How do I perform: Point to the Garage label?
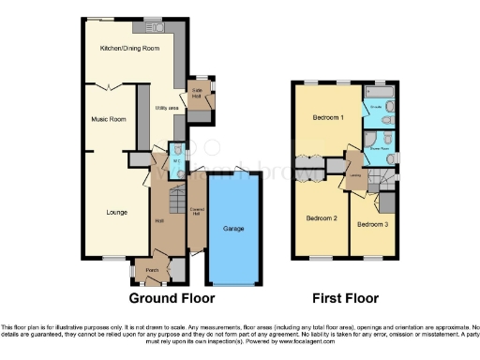pos(233,228)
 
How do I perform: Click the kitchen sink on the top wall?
pos(155,21)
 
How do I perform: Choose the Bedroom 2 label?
pos(322,218)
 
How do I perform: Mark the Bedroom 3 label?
pos(371,224)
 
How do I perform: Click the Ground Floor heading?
pos(172,298)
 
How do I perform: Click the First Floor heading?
pos(347,298)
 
